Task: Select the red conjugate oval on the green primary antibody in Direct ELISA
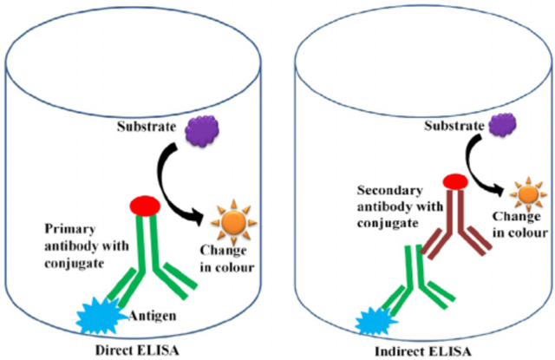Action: point(145,206)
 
